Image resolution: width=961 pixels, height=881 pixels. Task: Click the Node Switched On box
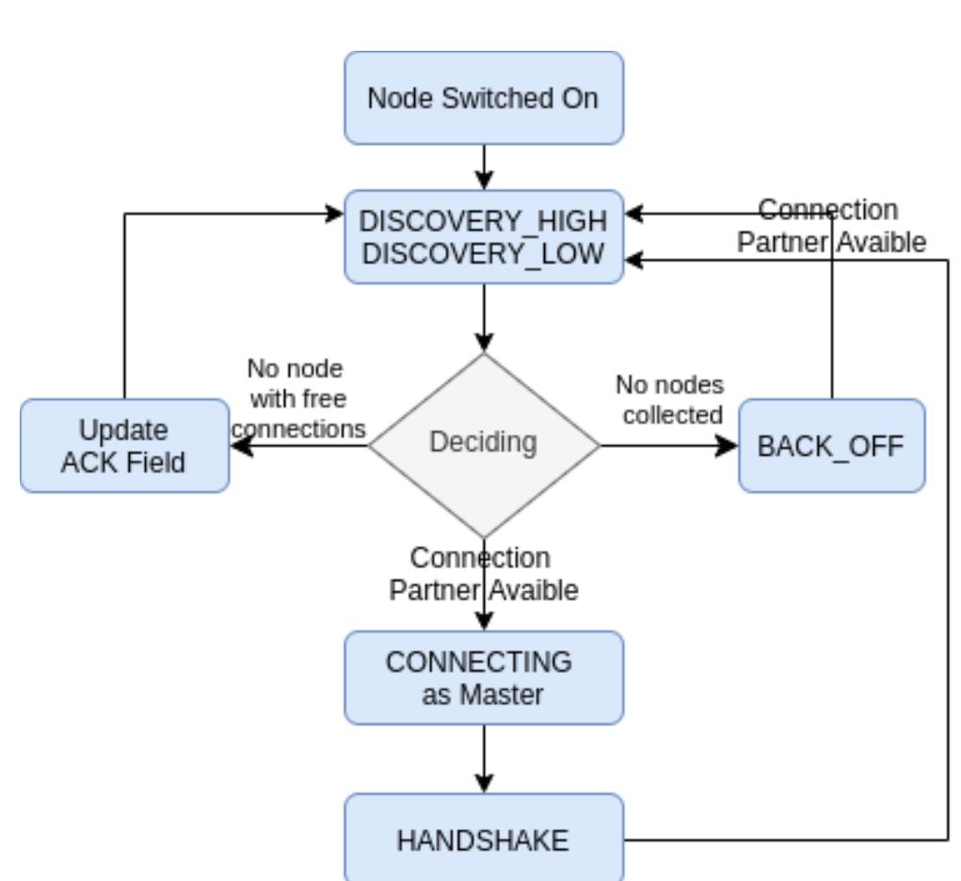tap(483, 98)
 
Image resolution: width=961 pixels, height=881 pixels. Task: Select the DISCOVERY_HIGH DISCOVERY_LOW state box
tap(483, 236)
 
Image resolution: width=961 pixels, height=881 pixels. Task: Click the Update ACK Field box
tap(124, 445)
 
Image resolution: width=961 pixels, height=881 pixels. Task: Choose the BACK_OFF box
tap(831, 445)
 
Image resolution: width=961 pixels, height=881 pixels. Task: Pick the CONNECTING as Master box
tap(483, 678)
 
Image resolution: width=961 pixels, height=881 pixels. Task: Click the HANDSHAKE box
tap(483, 839)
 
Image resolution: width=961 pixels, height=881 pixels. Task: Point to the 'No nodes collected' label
tap(670, 399)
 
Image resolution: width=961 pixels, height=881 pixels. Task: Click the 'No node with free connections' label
tap(298, 398)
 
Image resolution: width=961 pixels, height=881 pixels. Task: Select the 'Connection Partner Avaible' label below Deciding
tap(484, 574)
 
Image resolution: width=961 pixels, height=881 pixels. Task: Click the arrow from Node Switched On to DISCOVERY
tap(483, 167)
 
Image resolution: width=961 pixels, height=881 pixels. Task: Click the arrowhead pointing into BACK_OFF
tap(728, 445)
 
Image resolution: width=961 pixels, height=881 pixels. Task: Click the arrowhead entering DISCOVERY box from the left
tap(334, 214)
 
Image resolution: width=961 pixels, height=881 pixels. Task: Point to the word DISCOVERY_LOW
tap(483, 253)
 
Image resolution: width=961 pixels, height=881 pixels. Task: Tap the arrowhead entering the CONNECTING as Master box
tap(483, 621)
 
